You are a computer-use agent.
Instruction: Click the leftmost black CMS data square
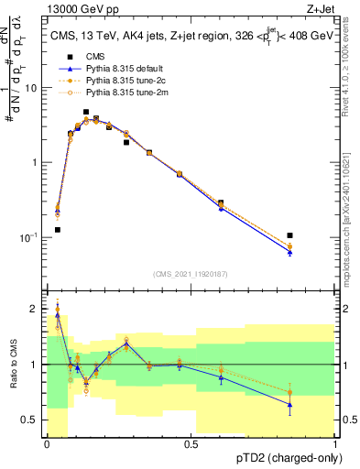coord(58,230)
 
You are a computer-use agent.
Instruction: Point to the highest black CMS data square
coord(86,112)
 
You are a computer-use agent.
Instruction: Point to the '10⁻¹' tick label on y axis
coord(27,237)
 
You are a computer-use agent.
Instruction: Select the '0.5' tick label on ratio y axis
coord(30,420)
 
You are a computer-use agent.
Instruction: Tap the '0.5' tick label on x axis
coord(191,444)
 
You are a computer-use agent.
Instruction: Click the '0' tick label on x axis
coord(47,444)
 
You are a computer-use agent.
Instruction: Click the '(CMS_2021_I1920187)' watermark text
coord(191,273)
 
